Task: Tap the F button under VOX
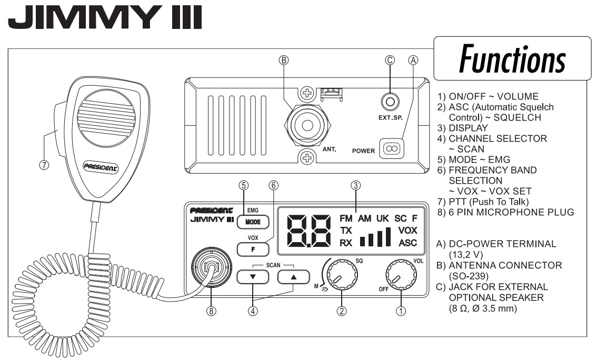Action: coord(253,249)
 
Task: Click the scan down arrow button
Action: coord(253,277)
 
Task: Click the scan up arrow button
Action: coord(293,277)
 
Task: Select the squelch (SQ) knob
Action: coord(342,275)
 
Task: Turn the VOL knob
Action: coord(401,275)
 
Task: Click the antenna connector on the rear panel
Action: coord(307,125)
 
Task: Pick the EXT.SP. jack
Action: coord(390,102)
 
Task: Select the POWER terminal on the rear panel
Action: coord(392,148)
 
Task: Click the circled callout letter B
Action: coord(284,60)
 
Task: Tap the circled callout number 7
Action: coord(44,165)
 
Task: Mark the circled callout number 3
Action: coord(355,185)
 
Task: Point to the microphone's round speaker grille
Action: coord(106,118)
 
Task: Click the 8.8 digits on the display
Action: coord(309,231)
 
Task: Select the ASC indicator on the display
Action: coord(408,243)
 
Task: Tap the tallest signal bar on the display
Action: coord(388,237)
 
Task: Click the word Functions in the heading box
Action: coord(512,59)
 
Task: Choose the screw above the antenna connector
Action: coord(307,93)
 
